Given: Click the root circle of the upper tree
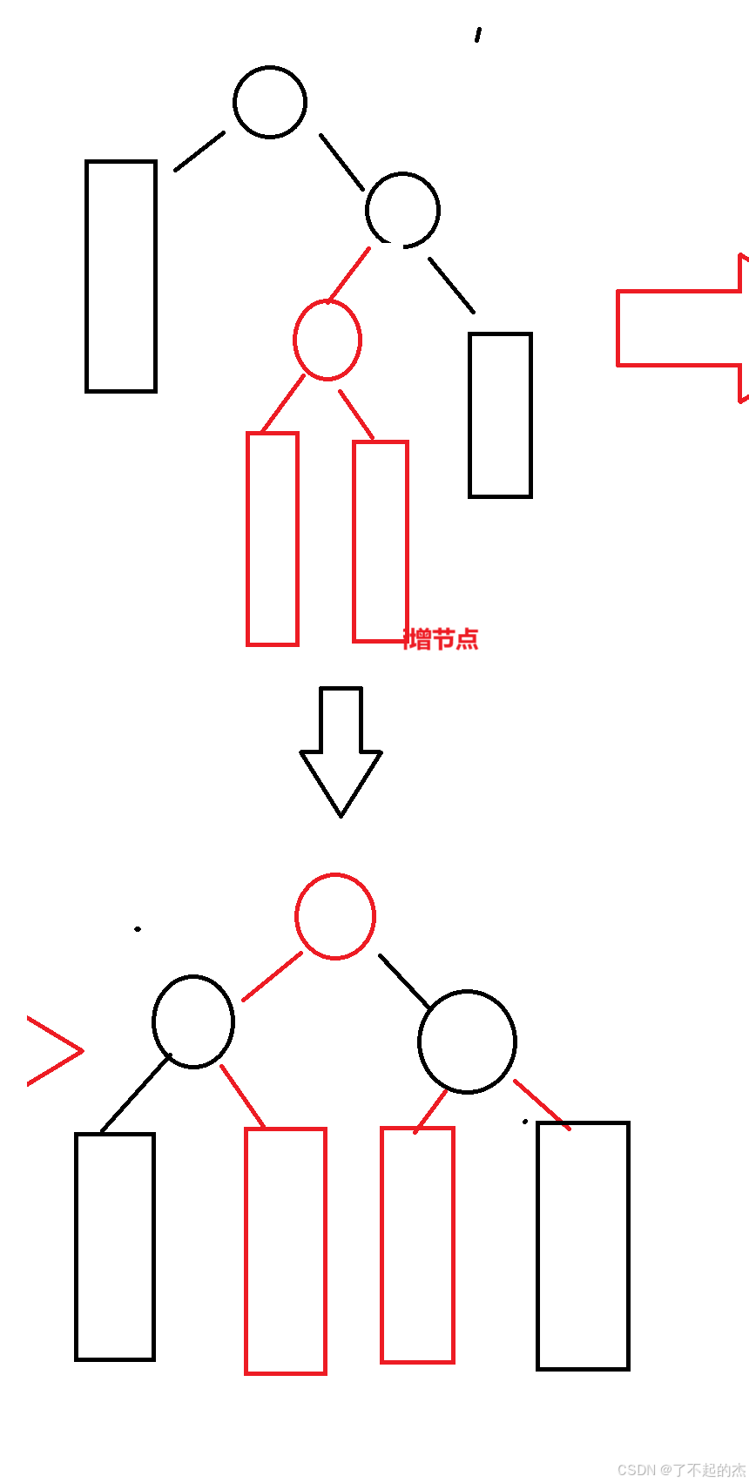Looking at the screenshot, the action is [x=270, y=102].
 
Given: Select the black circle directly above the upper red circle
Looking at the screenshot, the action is [x=402, y=210].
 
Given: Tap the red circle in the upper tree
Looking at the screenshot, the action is [x=327, y=340].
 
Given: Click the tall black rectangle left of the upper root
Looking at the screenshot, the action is [x=121, y=276].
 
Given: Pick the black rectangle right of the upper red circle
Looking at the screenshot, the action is [x=500, y=415].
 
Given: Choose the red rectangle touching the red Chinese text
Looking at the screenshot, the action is [x=380, y=542].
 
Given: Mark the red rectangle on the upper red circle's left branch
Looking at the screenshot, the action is [x=273, y=539].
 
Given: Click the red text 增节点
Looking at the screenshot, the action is [x=442, y=639].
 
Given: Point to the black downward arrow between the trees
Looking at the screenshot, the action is [x=341, y=749].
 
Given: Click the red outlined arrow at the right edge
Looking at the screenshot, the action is [x=679, y=328].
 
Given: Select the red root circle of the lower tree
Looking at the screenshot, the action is [x=335, y=916].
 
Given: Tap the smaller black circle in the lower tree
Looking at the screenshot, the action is [x=193, y=1021].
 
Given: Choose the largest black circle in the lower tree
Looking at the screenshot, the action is [x=467, y=1041].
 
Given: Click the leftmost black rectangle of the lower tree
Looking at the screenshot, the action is [x=115, y=1246].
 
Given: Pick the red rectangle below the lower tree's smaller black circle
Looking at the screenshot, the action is [x=286, y=1250].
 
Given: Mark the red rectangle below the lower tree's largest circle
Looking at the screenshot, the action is [x=417, y=1244].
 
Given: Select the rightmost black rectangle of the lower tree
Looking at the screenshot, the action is [x=583, y=1245].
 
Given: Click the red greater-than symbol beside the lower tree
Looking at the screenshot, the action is [x=56, y=1051].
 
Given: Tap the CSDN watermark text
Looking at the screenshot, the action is [x=681, y=1470].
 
